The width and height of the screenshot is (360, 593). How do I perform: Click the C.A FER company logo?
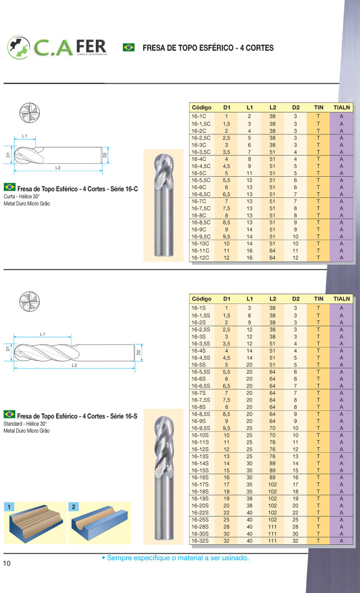pyautogui.click(x=57, y=47)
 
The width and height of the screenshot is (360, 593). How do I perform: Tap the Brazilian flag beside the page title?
pyautogui.click(x=128, y=47)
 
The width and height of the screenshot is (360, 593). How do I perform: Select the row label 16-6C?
pyautogui.click(x=199, y=187)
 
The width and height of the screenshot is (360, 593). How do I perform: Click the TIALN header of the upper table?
pyautogui.click(x=341, y=108)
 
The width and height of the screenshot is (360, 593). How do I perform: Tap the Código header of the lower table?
pyautogui.click(x=202, y=299)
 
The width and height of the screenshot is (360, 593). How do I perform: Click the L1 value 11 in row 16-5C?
pyautogui.click(x=249, y=173)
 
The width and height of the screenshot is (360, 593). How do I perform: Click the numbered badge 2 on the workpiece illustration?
pyautogui.click(x=73, y=507)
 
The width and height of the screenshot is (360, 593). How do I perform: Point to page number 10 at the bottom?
pyautogui.click(x=7, y=563)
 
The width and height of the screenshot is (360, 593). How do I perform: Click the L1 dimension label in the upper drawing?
pyautogui.click(x=25, y=136)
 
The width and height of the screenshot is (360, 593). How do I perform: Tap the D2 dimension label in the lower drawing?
pyautogui.click(x=138, y=352)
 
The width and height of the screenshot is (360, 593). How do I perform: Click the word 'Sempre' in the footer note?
pyautogui.click(x=118, y=558)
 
